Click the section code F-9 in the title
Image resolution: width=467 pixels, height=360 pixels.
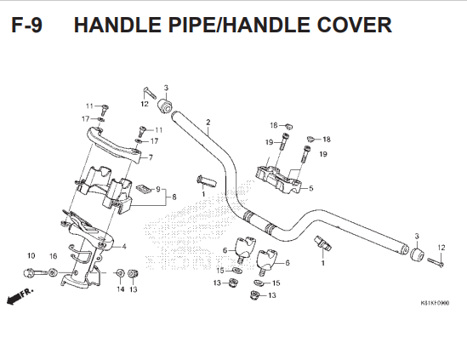click(x=27, y=25)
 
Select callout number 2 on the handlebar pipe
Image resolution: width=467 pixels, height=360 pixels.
click(x=208, y=123)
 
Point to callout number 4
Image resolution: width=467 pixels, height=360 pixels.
click(x=124, y=247)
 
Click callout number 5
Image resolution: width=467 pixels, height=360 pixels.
click(x=311, y=188)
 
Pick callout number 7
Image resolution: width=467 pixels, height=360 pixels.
click(x=151, y=157)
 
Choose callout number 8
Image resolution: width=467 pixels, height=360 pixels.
click(x=174, y=197)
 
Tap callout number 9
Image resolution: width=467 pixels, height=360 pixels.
click(x=158, y=189)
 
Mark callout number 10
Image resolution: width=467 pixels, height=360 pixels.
click(x=31, y=255)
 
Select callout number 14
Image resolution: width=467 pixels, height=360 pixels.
click(x=120, y=289)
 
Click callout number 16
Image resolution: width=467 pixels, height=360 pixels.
click(x=53, y=256)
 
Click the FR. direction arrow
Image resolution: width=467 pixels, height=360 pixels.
click(x=20, y=296)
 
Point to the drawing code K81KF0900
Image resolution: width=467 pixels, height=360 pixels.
click(x=435, y=303)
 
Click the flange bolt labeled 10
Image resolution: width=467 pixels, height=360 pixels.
click(x=35, y=272)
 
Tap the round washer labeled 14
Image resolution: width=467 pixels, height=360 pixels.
click(x=120, y=272)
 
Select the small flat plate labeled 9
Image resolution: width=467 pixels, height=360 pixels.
click(x=143, y=189)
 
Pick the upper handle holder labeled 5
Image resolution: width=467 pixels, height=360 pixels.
click(x=279, y=180)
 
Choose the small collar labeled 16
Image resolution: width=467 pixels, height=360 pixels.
click(x=53, y=272)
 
